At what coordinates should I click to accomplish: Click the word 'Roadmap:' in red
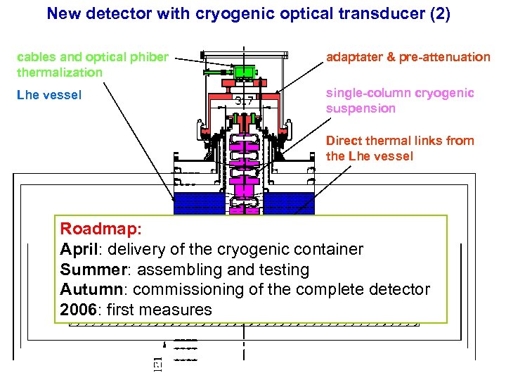tap(91, 229)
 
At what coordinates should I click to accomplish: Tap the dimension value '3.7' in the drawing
tap(245, 100)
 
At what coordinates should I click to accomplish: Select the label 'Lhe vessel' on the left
tap(49, 94)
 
